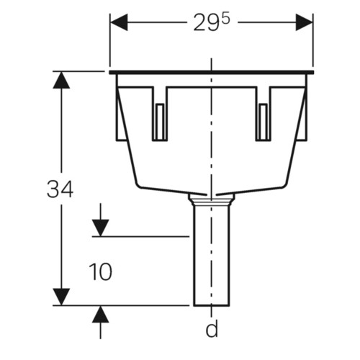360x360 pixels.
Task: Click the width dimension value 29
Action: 204,23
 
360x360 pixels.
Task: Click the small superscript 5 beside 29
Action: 225,19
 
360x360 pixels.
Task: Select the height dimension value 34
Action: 60,189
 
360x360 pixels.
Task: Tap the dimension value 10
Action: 100,272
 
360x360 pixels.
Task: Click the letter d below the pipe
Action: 212,328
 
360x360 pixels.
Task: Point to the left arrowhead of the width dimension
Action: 119,22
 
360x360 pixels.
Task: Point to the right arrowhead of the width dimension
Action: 304,22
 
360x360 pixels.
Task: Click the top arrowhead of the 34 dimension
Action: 61,80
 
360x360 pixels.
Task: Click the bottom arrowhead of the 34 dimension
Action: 61,297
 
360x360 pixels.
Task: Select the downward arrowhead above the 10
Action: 101,228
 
